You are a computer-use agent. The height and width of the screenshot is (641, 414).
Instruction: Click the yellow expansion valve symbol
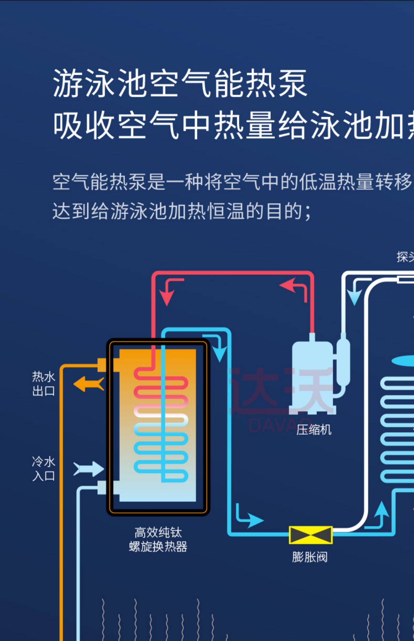click(x=310, y=535)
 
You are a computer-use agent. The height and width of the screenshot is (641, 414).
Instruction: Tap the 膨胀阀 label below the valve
click(x=310, y=557)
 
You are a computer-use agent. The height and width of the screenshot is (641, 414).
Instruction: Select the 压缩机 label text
click(x=314, y=430)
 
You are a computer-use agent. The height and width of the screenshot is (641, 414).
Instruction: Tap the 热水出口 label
click(x=44, y=384)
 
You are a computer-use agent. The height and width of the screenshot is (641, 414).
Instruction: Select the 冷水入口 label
click(x=44, y=468)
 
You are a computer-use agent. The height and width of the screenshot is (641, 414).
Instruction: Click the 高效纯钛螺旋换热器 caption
click(x=158, y=539)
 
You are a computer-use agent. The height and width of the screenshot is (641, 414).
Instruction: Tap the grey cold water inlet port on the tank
click(x=102, y=488)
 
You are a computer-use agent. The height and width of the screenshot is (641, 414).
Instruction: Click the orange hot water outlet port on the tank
click(x=102, y=365)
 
